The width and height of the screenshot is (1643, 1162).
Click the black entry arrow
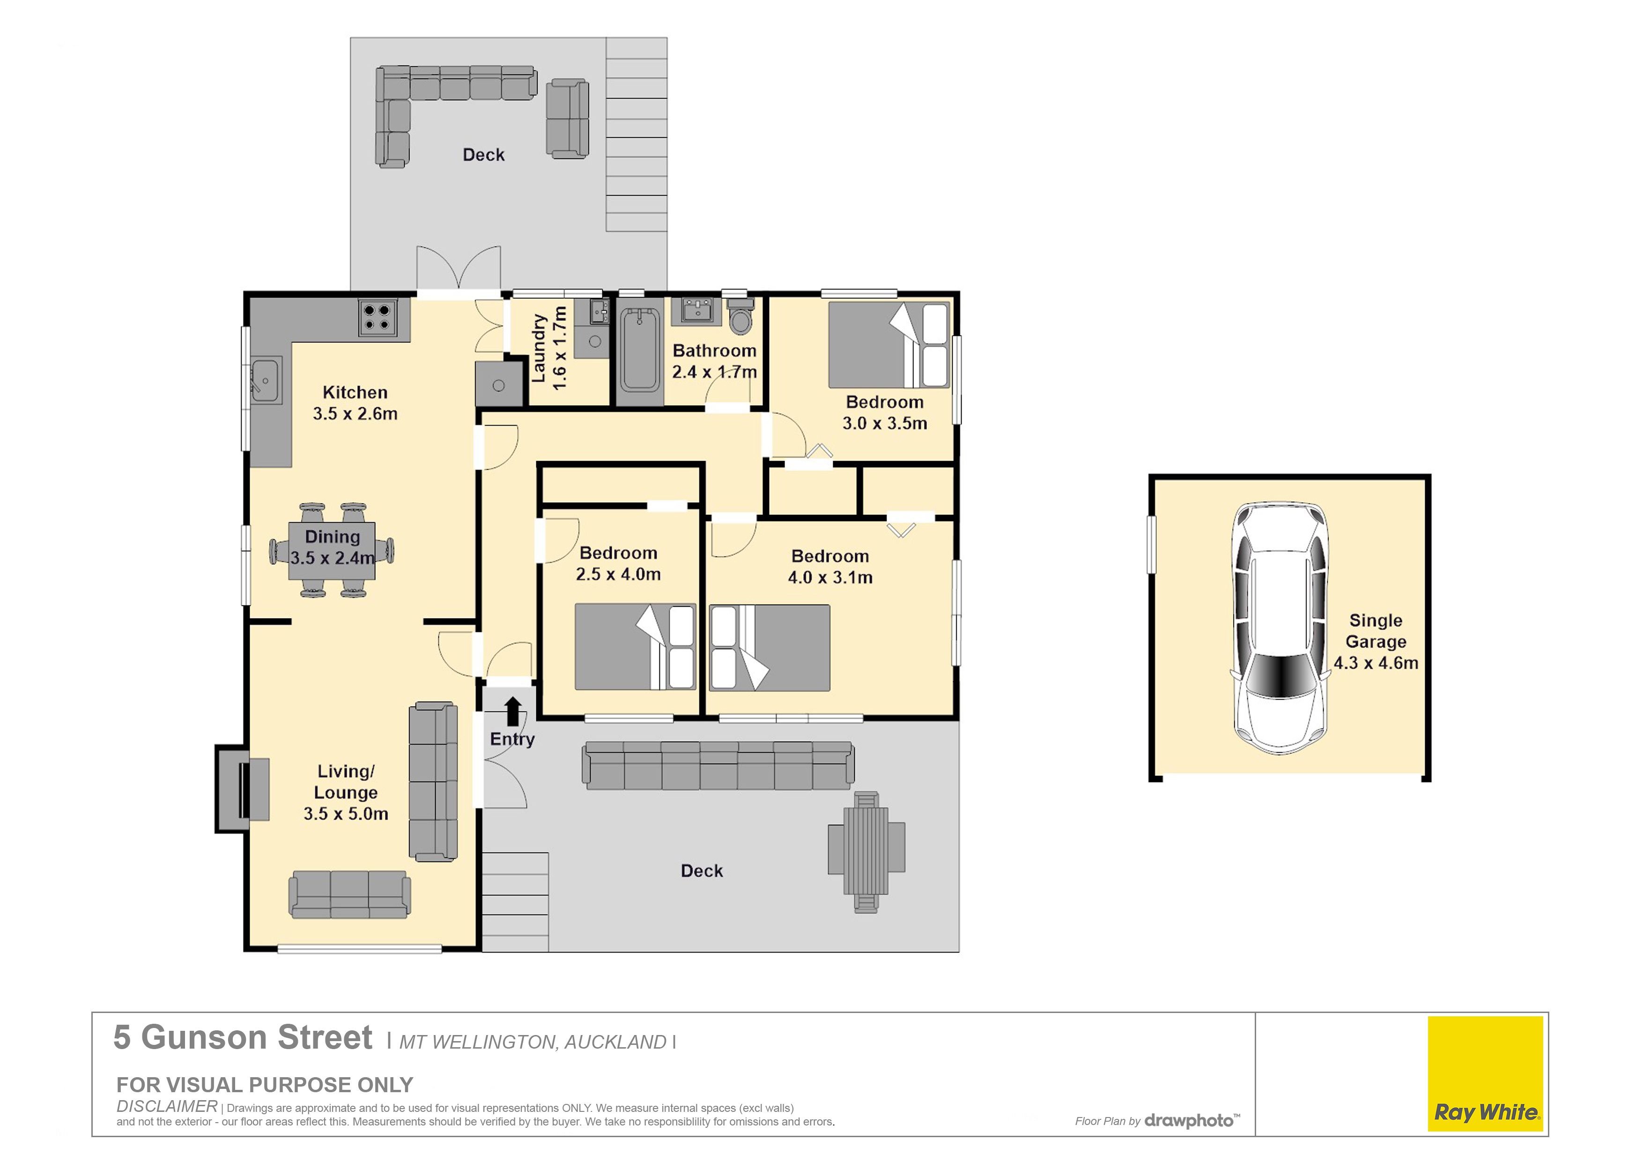(x=512, y=712)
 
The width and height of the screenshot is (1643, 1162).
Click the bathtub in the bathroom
(x=640, y=350)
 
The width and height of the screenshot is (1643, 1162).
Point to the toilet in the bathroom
(x=740, y=316)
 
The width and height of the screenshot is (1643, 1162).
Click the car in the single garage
(x=1280, y=628)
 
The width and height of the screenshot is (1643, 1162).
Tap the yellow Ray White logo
(x=1485, y=1073)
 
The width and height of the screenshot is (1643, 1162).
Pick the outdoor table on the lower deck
(x=866, y=852)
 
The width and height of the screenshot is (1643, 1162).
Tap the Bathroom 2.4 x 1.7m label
(x=714, y=361)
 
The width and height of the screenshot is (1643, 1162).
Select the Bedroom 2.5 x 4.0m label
(x=618, y=564)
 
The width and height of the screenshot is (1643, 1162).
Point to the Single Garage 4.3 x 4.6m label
(x=1376, y=641)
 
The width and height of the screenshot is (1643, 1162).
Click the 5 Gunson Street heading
(x=243, y=1037)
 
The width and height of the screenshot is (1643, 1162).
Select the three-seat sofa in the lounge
(x=349, y=894)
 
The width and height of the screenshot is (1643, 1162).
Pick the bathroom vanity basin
(x=697, y=311)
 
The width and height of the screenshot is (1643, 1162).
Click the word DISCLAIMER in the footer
(x=167, y=1106)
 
